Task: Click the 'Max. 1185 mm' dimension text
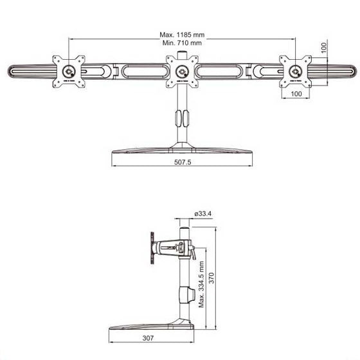pyautogui.click(x=181, y=35)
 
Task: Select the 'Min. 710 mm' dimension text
pyautogui.click(x=181, y=43)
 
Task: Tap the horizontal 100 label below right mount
pyautogui.click(x=296, y=94)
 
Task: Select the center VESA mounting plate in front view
pyautogui.click(x=183, y=70)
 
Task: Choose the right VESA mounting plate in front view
pyautogui.click(x=296, y=70)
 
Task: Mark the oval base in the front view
pyautogui.click(x=182, y=150)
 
